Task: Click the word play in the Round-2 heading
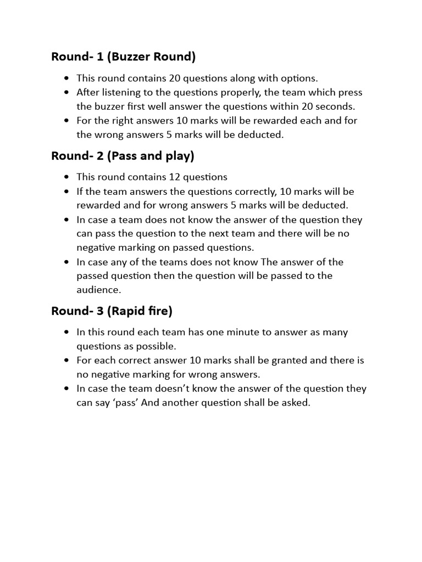(x=177, y=156)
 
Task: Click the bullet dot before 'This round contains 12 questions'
(x=66, y=177)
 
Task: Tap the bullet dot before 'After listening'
(x=66, y=92)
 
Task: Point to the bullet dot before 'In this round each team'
(x=66, y=333)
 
